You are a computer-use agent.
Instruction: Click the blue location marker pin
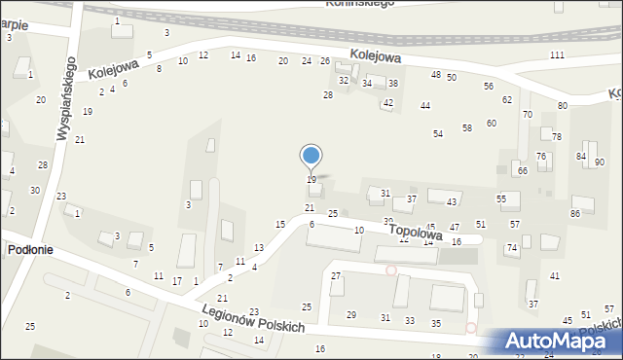[311, 157]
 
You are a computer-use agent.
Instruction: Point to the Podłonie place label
[30, 250]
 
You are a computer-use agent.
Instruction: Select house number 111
[557, 55]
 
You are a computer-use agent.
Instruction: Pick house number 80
[563, 105]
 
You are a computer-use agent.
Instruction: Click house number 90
[600, 162]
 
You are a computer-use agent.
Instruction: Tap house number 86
[575, 213]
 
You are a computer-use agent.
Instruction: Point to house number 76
[541, 157]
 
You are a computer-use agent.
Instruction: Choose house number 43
[452, 201]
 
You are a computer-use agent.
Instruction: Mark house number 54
[438, 133]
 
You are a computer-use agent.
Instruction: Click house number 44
[425, 105]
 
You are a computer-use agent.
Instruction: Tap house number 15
[280, 225]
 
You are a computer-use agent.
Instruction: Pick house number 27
[336, 276]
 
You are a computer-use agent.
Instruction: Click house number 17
[177, 281]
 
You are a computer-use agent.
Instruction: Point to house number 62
[507, 100]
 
